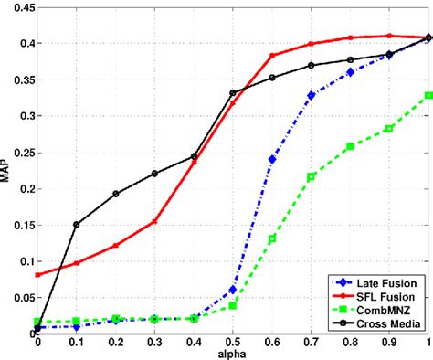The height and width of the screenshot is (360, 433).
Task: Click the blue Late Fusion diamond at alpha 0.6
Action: pos(272,159)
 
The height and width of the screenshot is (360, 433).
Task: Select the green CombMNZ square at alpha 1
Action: pos(428,95)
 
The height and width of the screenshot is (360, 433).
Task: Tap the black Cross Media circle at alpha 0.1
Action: pos(76,224)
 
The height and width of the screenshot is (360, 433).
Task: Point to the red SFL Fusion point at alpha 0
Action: pos(37,274)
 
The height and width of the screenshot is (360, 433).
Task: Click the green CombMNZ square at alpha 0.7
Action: pos(312,176)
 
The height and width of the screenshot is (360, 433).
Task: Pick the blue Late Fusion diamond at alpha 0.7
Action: pos(312,95)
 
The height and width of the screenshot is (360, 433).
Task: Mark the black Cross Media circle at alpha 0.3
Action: pos(154,173)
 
